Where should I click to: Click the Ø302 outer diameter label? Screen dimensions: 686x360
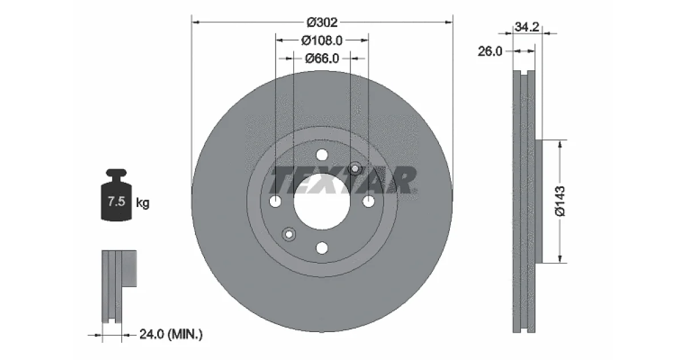(x=322, y=22)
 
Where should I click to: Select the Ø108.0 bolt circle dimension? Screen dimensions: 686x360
(x=321, y=41)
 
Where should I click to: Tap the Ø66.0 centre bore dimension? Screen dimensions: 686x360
(x=322, y=58)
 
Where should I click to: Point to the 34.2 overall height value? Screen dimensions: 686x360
(x=527, y=27)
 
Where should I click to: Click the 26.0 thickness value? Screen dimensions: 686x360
(x=490, y=51)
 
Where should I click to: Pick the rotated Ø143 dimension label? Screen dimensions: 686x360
(x=560, y=201)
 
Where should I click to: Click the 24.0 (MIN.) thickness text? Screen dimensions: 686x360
(x=171, y=334)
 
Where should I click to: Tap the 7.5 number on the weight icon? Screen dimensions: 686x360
(x=117, y=201)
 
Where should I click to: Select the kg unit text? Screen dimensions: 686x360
(x=142, y=203)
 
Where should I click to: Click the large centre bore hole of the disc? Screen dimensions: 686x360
(x=321, y=201)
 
